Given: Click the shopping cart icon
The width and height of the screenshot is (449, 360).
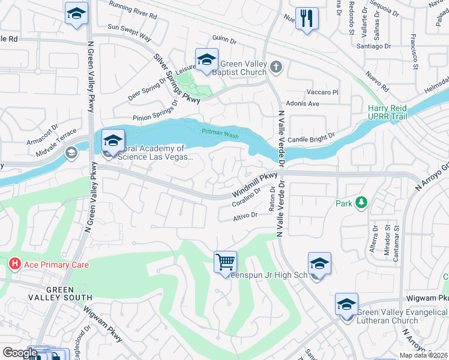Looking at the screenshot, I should [225, 262].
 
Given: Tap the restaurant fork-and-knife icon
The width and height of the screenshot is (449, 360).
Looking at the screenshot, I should [307, 18].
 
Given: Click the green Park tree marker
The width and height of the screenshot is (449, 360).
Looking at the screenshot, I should [361, 203].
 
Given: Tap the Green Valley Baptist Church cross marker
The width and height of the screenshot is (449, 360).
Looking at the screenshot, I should [276, 67].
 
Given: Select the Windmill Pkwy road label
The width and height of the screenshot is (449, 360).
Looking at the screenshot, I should [255, 186].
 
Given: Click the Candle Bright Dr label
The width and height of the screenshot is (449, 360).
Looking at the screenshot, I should [310, 139].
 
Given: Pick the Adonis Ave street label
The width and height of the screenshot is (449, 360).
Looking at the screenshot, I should [302, 103].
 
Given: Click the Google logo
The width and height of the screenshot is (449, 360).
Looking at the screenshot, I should [20, 352].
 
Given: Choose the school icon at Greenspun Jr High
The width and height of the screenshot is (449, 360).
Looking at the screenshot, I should [319, 263].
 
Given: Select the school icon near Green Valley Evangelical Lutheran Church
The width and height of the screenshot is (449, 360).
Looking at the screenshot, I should [346, 304].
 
